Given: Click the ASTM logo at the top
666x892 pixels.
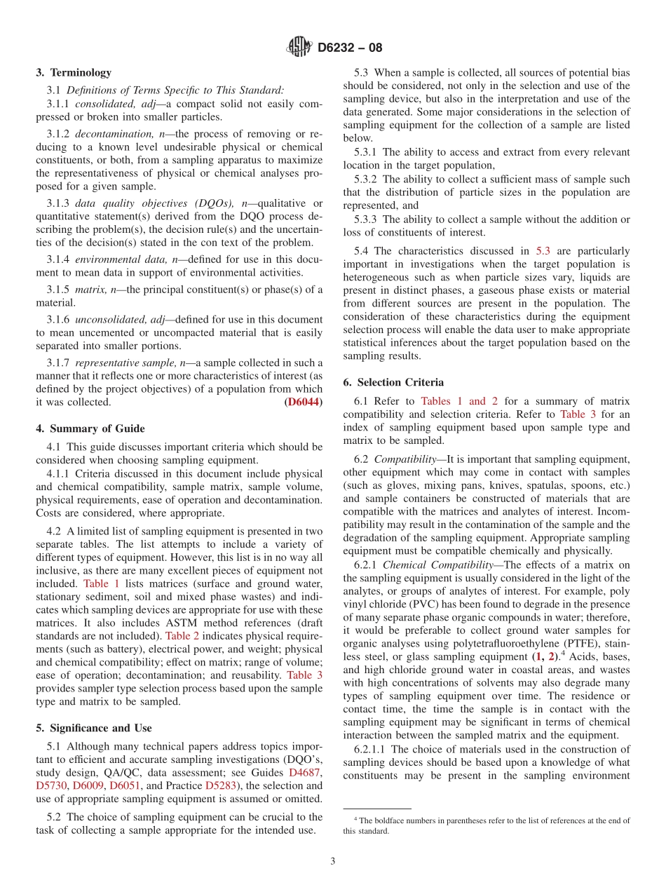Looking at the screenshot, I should click(x=299, y=48).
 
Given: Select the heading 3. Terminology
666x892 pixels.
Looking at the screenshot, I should click(x=74, y=72).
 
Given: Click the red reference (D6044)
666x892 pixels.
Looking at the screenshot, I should click(x=304, y=403).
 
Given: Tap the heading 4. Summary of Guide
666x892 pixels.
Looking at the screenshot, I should click(x=90, y=428).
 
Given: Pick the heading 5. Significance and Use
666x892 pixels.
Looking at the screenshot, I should click(x=94, y=728).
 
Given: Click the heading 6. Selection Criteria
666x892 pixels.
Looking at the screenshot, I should click(x=393, y=382).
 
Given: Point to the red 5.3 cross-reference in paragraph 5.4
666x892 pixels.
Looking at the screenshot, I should click(x=543, y=251).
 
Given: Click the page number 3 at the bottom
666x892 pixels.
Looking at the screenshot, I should click(x=333, y=861).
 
